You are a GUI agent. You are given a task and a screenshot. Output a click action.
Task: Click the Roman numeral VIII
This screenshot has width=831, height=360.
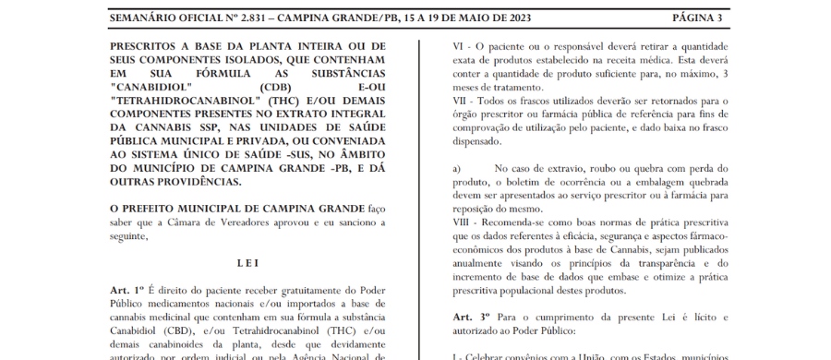(456, 224)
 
